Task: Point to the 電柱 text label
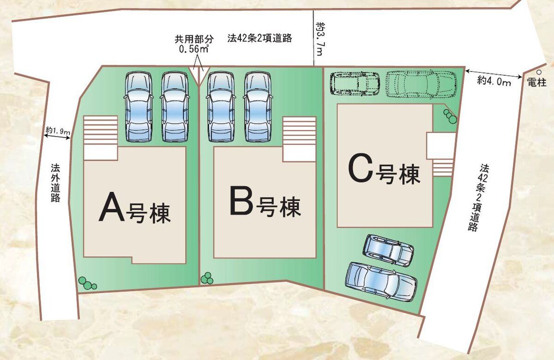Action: point(537,83)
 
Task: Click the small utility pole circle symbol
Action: point(539,72)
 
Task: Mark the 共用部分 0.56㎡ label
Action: point(193,44)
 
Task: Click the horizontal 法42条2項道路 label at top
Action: point(259,38)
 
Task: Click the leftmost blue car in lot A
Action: point(138,107)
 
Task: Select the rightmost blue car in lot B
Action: point(257,107)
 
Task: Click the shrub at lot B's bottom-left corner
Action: point(207,278)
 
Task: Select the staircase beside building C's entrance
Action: point(443,167)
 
